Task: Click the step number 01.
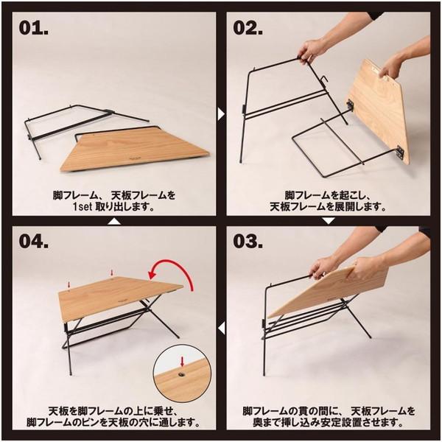click(x=35, y=29)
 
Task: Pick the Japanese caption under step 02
click(x=329, y=202)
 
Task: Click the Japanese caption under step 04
click(x=110, y=418)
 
